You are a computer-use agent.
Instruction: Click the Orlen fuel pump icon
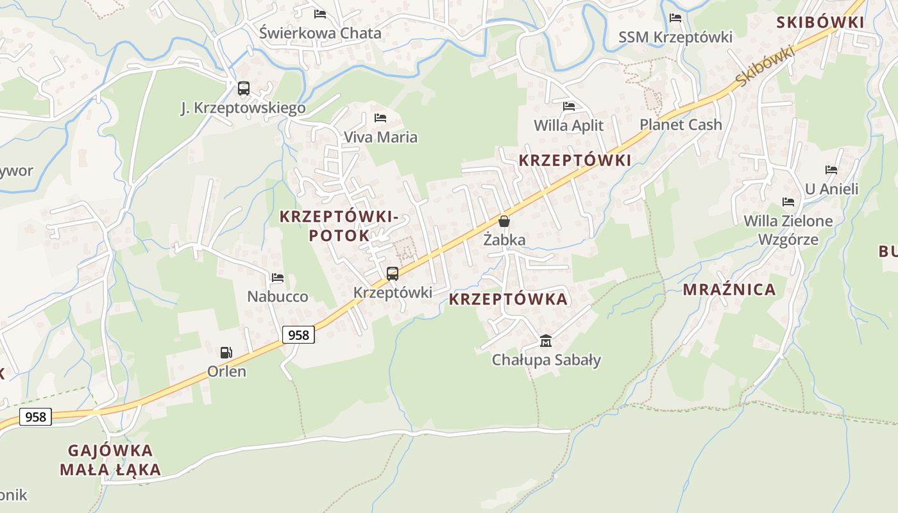pyautogui.click(x=226, y=352)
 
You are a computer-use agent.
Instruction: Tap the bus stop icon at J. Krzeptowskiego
pyautogui.click(x=243, y=88)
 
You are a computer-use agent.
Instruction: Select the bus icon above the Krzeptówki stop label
pyautogui.click(x=392, y=274)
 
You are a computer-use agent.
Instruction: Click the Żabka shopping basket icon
pyautogui.click(x=504, y=221)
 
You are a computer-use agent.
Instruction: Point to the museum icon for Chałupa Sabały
pyautogui.click(x=546, y=341)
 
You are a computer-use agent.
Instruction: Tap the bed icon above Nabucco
pyautogui.click(x=278, y=278)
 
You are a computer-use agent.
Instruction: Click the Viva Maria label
pyautogui.click(x=380, y=137)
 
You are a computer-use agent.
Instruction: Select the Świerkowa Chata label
pyautogui.click(x=320, y=33)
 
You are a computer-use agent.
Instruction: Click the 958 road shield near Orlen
pyautogui.click(x=298, y=335)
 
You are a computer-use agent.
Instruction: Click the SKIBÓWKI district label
pyautogui.click(x=820, y=22)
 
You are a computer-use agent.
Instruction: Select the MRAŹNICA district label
pyautogui.click(x=729, y=290)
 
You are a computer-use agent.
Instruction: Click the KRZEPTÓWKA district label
pyautogui.click(x=508, y=299)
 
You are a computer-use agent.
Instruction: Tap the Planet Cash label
pyautogui.click(x=681, y=124)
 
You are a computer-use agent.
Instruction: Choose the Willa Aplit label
pyautogui.click(x=569, y=125)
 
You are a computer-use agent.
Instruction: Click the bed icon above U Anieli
pyautogui.click(x=831, y=170)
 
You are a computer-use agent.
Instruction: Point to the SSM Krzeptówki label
pyautogui.click(x=675, y=37)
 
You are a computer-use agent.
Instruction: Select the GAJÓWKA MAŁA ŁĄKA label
pyautogui.click(x=110, y=460)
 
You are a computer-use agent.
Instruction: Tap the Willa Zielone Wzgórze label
pyautogui.click(x=788, y=230)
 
